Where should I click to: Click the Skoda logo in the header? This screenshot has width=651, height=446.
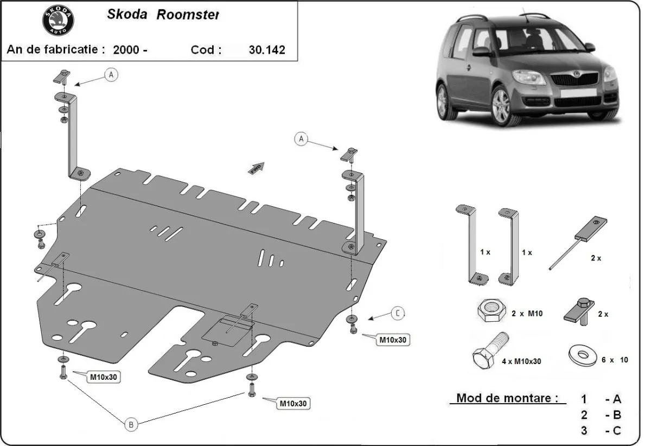pyautogui.click(x=58, y=22)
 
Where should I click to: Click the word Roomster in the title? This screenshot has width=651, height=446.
pyautogui.click(x=188, y=15)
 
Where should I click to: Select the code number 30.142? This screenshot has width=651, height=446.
pyautogui.click(x=266, y=50)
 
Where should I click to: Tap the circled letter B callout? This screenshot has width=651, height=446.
pyautogui.click(x=130, y=425)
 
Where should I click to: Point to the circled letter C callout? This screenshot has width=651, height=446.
pyautogui.click(x=398, y=313)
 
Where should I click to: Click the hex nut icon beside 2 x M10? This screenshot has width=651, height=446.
pyautogui.click(x=490, y=313)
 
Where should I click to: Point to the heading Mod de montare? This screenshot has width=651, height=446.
pyautogui.click(x=507, y=398)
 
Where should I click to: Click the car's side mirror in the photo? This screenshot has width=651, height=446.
pyautogui.click(x=481, y=52)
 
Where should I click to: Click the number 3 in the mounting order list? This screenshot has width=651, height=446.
pyautogui.click(x=584, y=431)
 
